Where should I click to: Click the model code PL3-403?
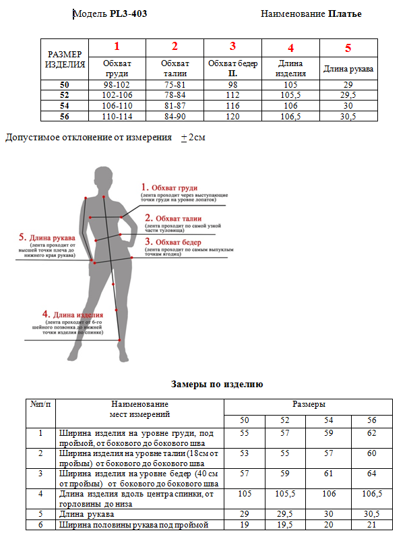click(128, 13)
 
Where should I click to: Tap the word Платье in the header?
click(345, 13)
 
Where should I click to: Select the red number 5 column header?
click(348, 48)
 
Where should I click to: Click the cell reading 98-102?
click(117, 85)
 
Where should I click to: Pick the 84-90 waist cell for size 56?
click(175, 116)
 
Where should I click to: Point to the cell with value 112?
click(233, 95)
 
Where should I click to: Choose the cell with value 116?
click(233, 106)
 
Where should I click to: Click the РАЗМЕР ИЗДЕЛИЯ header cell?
click(65, 60)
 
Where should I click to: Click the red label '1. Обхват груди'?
click(169, 187)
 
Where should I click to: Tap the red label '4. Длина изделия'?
click(72, 314)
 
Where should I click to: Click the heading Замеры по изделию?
click(217, 384)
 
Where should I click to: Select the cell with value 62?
click(371, 433)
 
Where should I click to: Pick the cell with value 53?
click(244, 453)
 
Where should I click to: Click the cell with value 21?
click(371, 524)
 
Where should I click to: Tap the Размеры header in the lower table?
click(309, 404)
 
